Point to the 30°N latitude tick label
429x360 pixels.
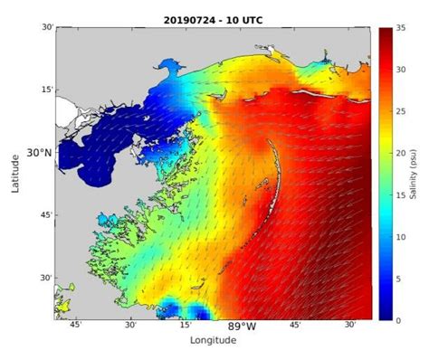[x=39, y=153]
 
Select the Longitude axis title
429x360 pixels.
[x=213, y=340]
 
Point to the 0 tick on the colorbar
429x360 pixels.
[x=398, y=318]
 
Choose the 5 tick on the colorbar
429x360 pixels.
[x=398, y=278]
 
